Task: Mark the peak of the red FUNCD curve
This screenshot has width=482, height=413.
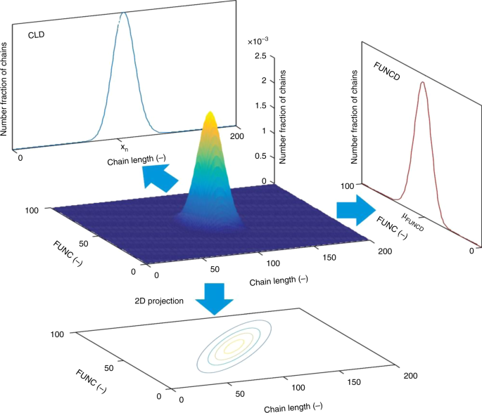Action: click(x=422, y=82)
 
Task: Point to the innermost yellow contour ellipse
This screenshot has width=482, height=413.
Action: click(x=232, y=346)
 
